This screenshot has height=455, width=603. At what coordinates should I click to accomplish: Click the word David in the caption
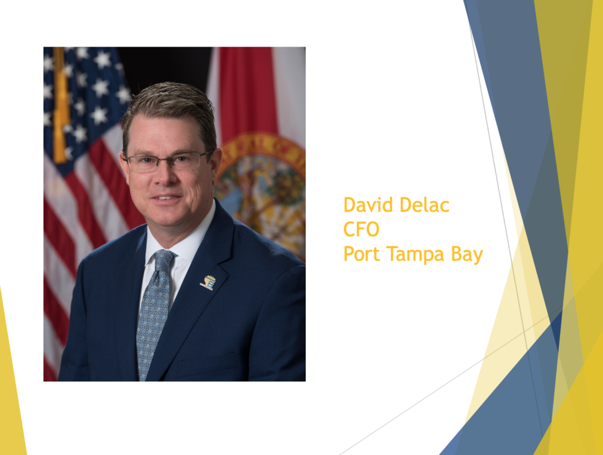coord(366,205)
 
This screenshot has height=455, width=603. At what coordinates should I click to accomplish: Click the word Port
coord(360,255)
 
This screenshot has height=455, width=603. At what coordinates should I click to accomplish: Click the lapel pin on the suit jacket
coord(208,282)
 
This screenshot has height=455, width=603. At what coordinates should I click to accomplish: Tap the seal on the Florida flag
coord(265,189)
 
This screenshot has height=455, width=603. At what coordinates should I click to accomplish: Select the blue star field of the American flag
coord(88,94)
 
